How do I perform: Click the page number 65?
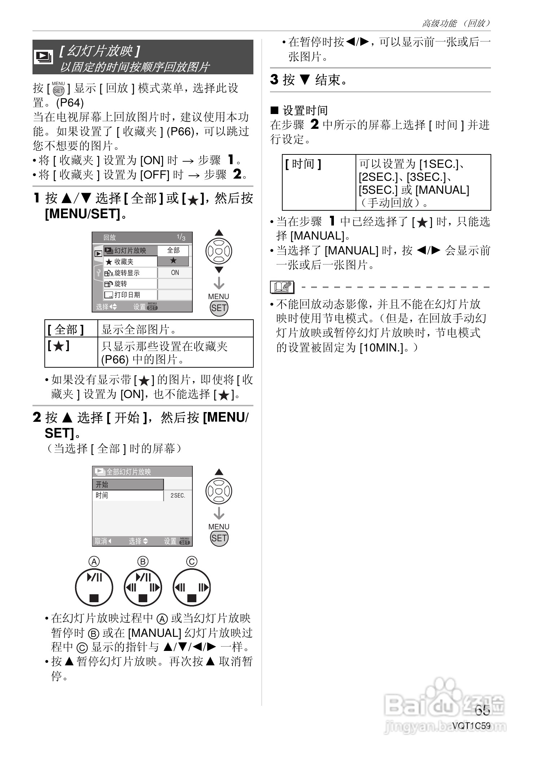pos(482,710)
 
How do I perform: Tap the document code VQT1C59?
pos(471,726)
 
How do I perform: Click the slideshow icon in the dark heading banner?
pos(43,57)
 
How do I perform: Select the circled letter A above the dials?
pos(94,561)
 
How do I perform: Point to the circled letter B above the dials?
pos(143,561)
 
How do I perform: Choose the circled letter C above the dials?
pos(192,561)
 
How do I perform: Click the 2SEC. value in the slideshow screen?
pos(178,496)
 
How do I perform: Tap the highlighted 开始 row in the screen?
pos(128,484)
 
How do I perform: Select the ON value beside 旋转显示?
pos(175,273)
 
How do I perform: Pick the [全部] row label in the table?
pos(66,329)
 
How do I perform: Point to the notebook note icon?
pos(282,287)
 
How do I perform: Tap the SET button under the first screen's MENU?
pos(219,308)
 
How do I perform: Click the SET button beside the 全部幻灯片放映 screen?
pos(219,538)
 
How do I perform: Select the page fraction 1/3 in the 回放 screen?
pos(181,237)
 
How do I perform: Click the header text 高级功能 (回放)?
pos(456,23)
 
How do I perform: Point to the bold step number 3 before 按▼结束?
pos(275,79)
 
